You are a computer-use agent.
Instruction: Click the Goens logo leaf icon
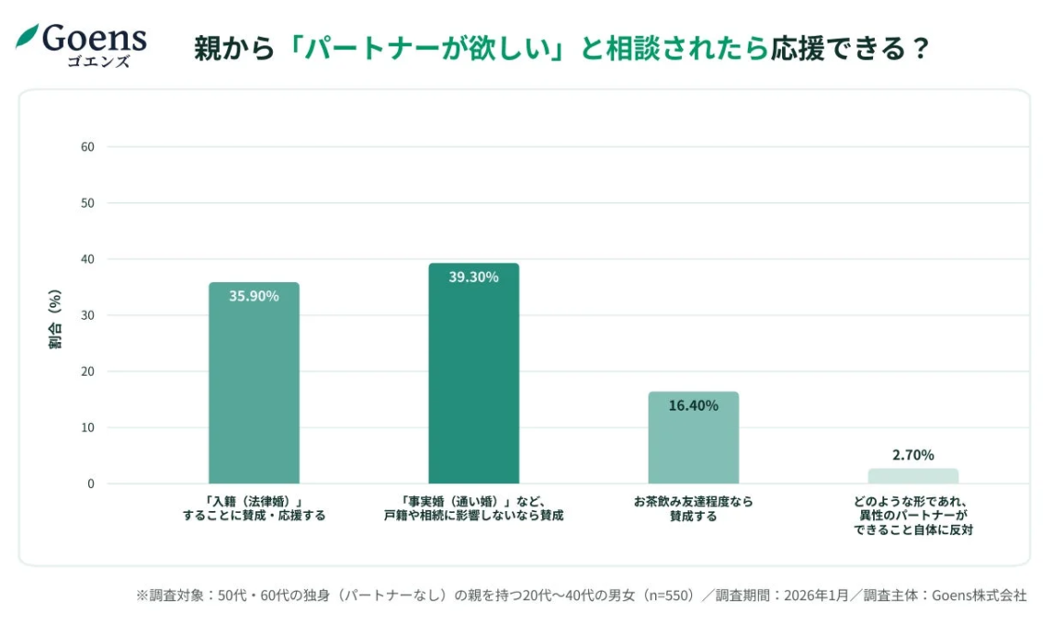point(27,36)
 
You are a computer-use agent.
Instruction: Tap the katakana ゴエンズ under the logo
point(98,62)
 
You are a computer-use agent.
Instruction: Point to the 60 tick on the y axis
point(87,147)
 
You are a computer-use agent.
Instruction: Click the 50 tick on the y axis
point(87,203)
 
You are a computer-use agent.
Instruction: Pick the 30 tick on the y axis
point(87,315)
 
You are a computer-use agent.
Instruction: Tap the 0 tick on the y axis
point(91,483)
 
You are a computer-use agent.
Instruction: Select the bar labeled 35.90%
point(253,390)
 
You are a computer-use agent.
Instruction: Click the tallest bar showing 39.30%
point(473,380)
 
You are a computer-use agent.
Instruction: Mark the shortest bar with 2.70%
point(913,476)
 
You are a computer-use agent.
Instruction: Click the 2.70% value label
point(913,455)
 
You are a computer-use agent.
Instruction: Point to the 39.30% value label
point(473,276)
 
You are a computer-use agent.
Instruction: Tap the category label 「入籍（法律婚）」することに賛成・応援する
point(253,508)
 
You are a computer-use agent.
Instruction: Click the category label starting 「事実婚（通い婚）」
point(473,508)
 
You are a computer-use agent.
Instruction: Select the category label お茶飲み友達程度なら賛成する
point(693,508)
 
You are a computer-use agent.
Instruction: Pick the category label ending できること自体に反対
point(913,516)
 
